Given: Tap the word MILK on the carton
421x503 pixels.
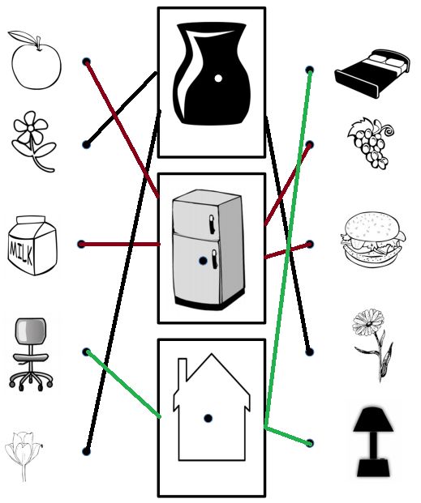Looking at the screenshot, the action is click(21, 251).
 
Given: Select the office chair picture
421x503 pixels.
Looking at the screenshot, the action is click(31, 354).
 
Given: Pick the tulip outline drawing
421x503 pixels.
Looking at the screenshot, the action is click(24, 456).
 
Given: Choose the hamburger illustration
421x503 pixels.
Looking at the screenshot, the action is click(373, 238).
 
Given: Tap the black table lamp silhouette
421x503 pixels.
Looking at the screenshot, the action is click(373, 441).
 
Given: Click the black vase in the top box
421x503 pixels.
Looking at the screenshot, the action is click(211, 73).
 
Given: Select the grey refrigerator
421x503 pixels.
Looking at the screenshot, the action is click(208, 249).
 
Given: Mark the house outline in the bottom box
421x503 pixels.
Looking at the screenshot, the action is click(212, 407).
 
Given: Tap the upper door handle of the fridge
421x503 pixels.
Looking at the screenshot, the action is click(212, 224).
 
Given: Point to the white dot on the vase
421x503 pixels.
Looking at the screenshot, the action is click(218, 78).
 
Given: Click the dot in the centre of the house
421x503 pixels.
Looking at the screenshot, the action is click(208, 418).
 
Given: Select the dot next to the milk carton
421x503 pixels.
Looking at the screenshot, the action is click(82, 244).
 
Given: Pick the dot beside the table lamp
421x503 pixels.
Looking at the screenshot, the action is click(310, 443).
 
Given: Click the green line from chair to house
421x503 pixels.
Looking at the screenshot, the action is click(124, 385).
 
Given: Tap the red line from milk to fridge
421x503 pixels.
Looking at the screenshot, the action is click(121, 245).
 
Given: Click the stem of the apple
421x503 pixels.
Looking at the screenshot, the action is click(39, 44).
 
